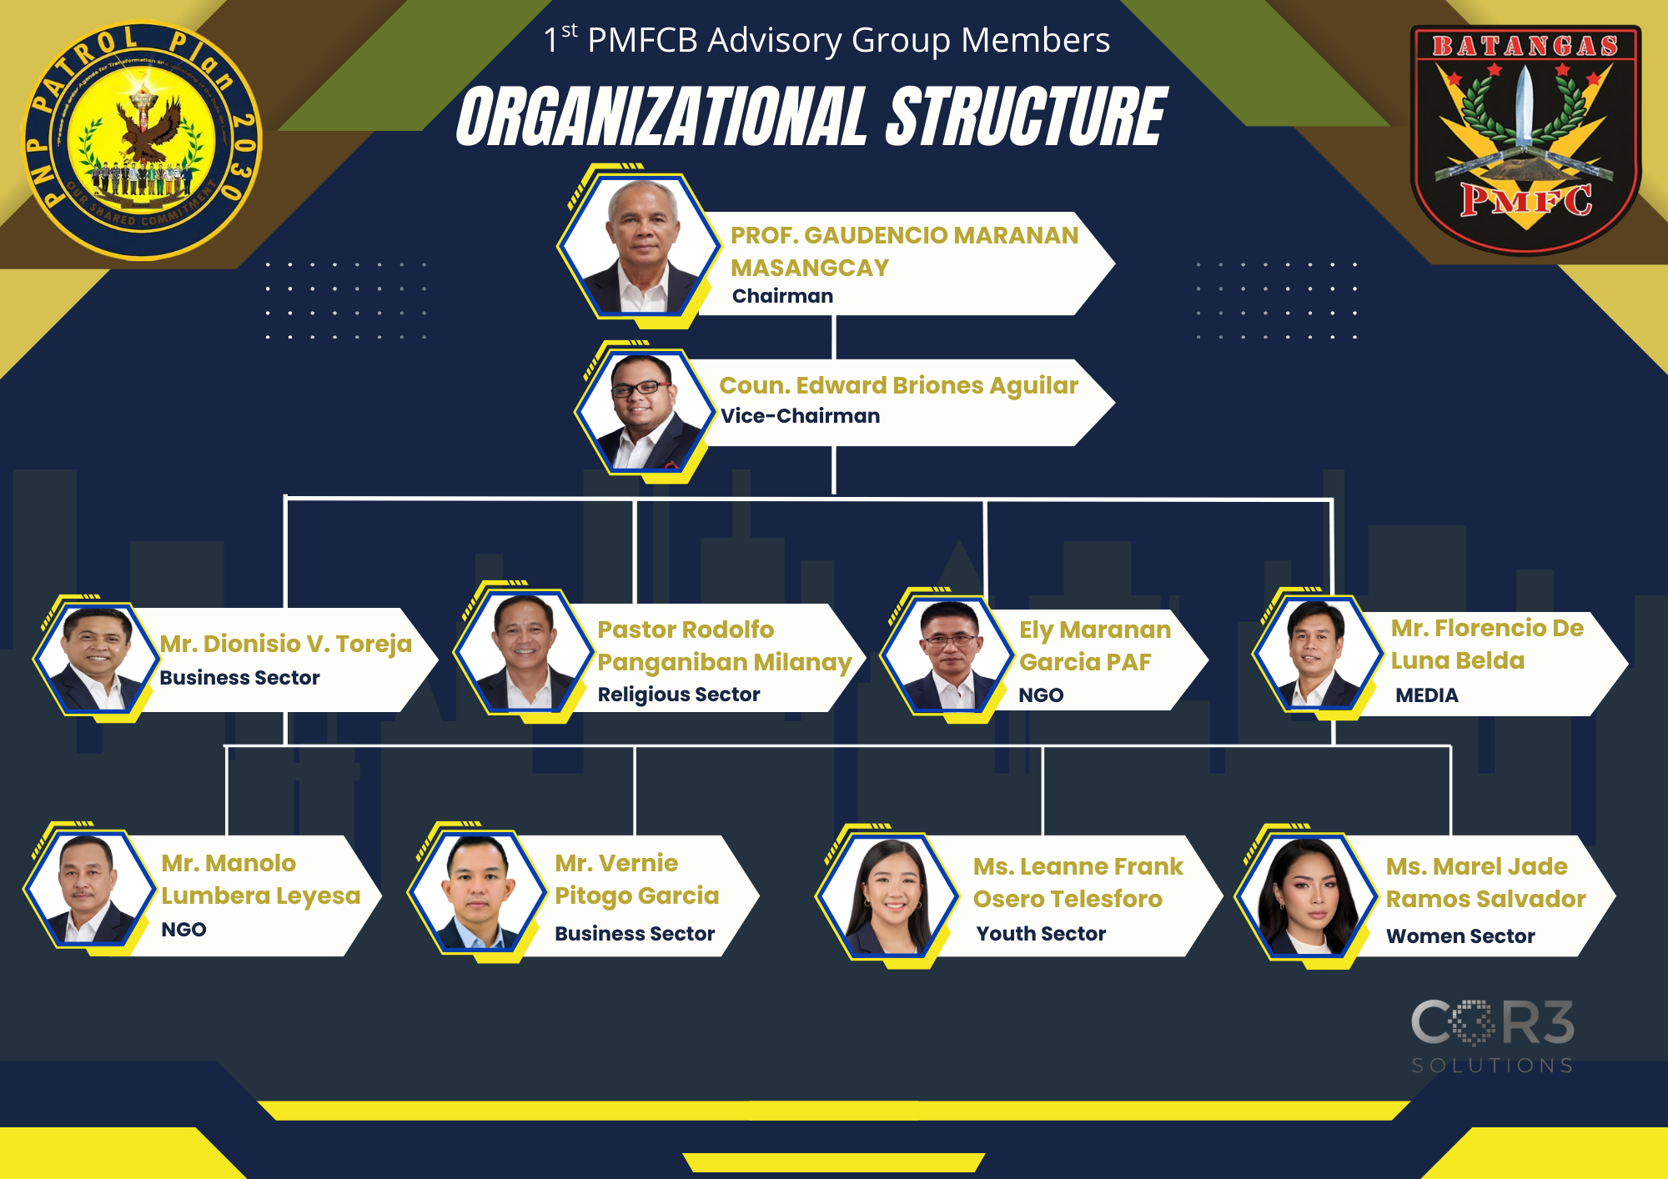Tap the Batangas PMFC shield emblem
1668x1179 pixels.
(1525, 138)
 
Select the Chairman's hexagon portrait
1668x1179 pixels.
(640, 246)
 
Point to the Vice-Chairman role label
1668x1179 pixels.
(800, 416)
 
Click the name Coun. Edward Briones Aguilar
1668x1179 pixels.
(898, 385)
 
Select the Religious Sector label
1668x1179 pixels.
(678, 695)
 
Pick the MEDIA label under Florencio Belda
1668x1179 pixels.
(1426, 695)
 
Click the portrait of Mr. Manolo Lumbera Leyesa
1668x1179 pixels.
(90, 889)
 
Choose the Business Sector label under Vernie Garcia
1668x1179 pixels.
(635, 934)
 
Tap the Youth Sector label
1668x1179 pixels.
(1041, 934)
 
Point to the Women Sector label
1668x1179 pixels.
(1460, 936)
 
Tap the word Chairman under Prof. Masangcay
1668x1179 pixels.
(782, 296)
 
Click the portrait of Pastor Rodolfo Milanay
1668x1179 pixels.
(524, 652)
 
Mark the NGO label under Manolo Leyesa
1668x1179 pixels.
(183, 930)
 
